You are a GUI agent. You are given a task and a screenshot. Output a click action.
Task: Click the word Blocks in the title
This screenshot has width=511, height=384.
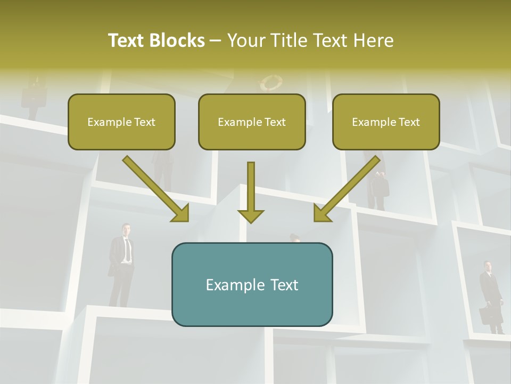177,41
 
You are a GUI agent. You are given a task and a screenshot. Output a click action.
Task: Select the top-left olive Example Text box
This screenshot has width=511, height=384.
121,122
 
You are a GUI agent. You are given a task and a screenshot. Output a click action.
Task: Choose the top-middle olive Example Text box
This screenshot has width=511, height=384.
252,122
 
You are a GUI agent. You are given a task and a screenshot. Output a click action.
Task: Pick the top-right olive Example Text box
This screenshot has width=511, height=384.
386,122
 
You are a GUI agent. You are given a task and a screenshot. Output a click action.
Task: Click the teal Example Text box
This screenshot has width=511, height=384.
252,284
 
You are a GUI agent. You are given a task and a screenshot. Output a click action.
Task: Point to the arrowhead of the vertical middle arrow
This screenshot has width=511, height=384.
251,215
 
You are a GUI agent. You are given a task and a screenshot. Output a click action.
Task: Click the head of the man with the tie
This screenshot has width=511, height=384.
126,229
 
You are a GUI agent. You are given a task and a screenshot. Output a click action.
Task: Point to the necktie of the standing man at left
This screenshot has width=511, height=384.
127,250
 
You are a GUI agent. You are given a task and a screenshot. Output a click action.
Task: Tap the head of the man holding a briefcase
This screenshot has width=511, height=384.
487,266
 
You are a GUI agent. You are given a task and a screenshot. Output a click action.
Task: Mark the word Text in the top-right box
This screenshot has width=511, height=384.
409,122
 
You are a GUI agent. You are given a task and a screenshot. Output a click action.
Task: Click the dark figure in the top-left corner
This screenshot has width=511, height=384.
33,96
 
